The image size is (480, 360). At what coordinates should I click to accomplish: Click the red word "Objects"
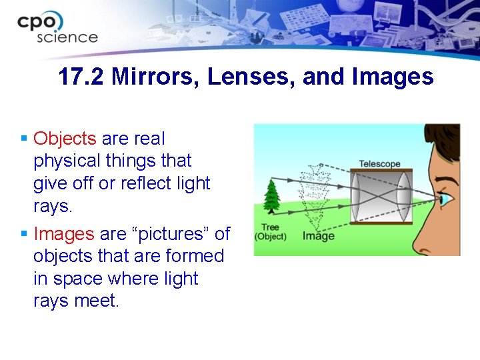[x=65, y=139]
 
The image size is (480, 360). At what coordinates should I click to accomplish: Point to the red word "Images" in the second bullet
[x=63, y=234]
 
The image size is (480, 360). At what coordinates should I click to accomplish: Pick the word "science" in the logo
[x=67, y=37]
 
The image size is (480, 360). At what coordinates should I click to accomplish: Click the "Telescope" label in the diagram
[x=379, y=164]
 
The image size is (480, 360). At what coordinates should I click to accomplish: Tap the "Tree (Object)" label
[x=270, y=232]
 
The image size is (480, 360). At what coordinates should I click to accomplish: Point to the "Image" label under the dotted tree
[x=319, y=236]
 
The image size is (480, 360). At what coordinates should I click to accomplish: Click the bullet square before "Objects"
[x=24, y=139]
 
